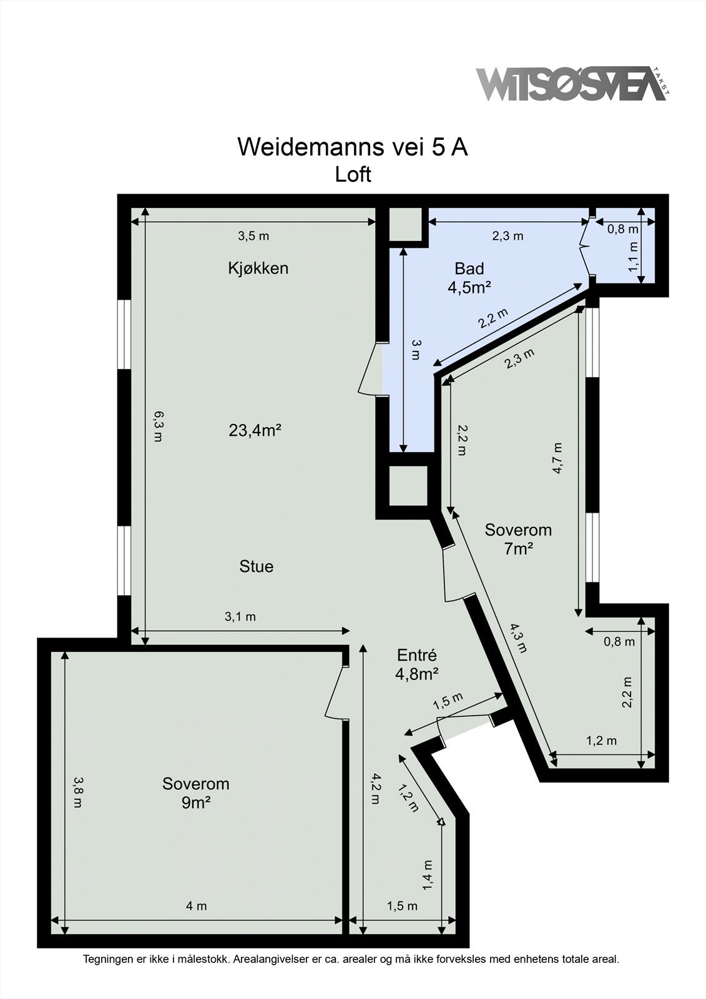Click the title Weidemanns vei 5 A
click(353, 147)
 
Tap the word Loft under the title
click(353, 174)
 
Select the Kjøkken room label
click(258, 268)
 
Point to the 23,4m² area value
click(255, 430)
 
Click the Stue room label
click(256, 566)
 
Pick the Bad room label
click(469, 269)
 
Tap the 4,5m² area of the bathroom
click(469, 288)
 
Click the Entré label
click(416, 655)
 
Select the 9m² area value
click(195, 803)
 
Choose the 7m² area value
click(518, 549)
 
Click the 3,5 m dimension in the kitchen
click(253, 236)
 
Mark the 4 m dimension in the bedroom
click(197, 906)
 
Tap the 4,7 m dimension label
click(557, 459)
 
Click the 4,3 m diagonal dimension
click(517, 638)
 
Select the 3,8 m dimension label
click(77, 792)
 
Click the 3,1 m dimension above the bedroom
click(240, 617)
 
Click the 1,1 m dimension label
click(634, 257)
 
